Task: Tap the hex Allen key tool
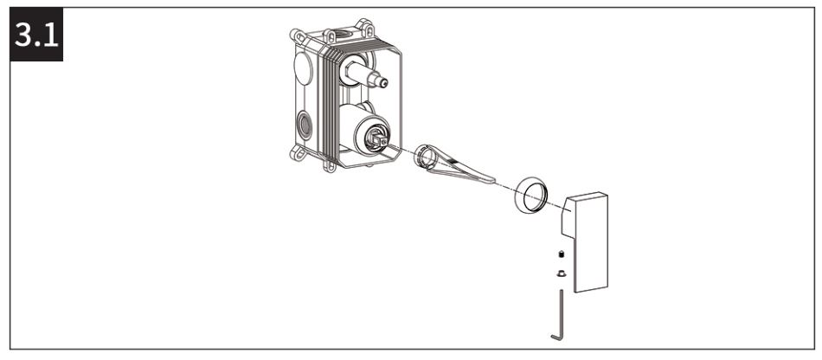pos(561,312)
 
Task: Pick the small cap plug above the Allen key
pos(560,272)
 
